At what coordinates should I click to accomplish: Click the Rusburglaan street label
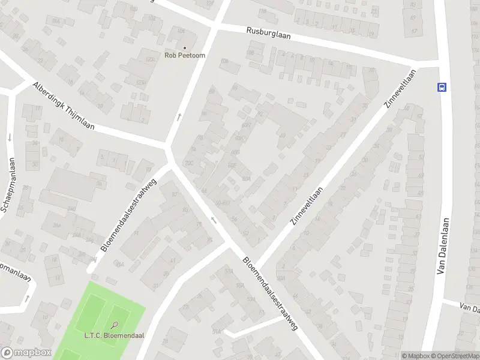(268, 33)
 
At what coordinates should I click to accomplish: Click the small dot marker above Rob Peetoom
(184, 47)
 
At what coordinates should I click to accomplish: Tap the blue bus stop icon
(442, 86)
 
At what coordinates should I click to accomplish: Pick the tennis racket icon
(115, 326)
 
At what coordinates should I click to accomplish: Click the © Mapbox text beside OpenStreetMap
(416, 356)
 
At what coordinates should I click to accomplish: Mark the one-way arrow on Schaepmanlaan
(10, 137)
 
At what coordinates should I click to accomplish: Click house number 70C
(190, 163)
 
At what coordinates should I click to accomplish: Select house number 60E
(231, 163)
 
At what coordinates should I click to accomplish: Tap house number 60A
(245, 178)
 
